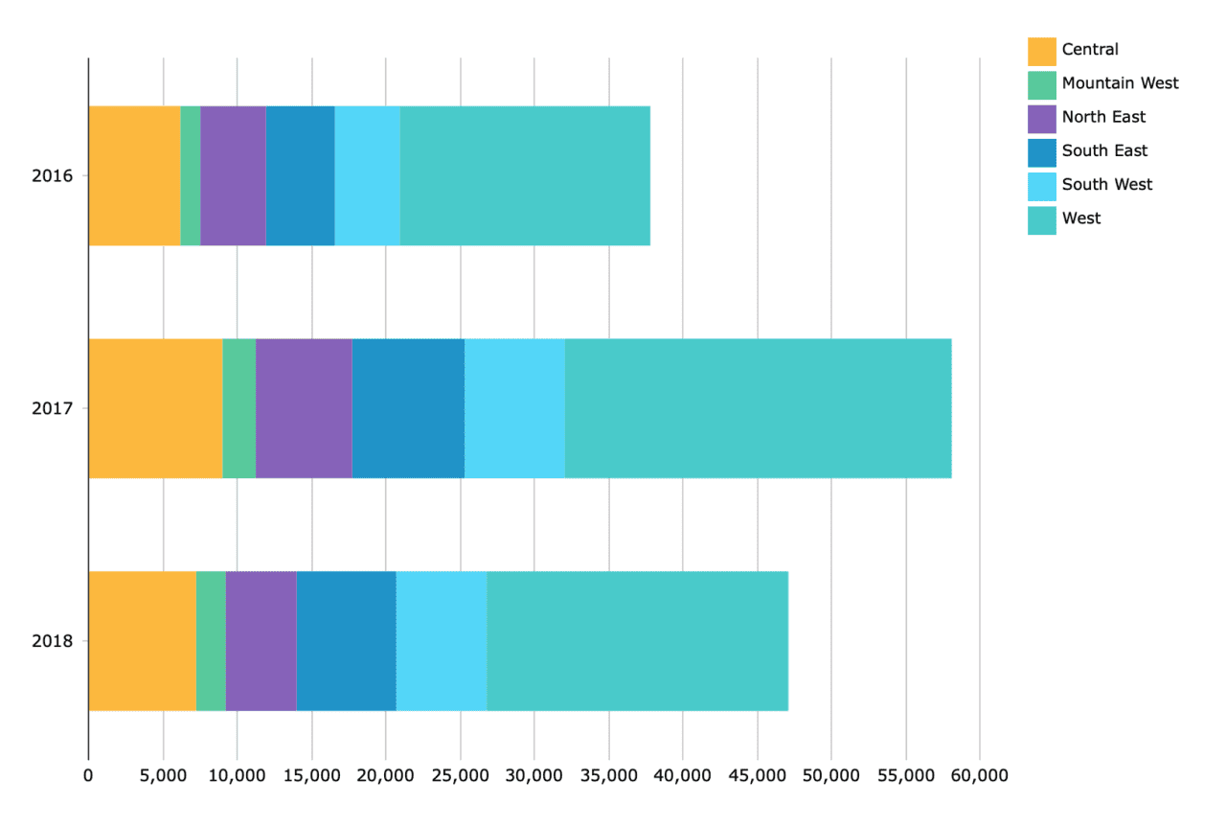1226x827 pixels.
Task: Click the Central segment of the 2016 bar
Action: click(x=134, y=175)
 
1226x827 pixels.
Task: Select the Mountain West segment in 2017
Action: click(x=238, y=408)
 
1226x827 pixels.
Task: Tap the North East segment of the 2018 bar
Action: click(x=261, y=640)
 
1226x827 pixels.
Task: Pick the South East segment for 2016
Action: click(x=300, y=175)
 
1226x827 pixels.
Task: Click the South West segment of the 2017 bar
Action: click(x=514, y=408)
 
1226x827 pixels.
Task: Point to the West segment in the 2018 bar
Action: click(x=637, y=640)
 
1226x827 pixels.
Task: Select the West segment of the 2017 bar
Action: click(x=758, y=408)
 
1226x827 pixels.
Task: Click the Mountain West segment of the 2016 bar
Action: click(x=190, y=175)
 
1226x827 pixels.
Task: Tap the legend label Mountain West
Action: click(x=1120, y=83)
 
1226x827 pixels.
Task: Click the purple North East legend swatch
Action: click(x=1041, y=118)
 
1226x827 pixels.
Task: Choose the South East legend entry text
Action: click(x=1104, y=150)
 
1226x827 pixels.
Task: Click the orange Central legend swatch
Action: click(x=1041, y=51)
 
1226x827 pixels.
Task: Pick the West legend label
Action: click(x=1081, y=218)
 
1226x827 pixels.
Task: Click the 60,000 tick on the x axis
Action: click(x=980, y=775)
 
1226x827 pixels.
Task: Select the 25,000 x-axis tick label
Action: click(x=460, y=775)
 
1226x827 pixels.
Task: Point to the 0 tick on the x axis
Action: click(x=88, y=775)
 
